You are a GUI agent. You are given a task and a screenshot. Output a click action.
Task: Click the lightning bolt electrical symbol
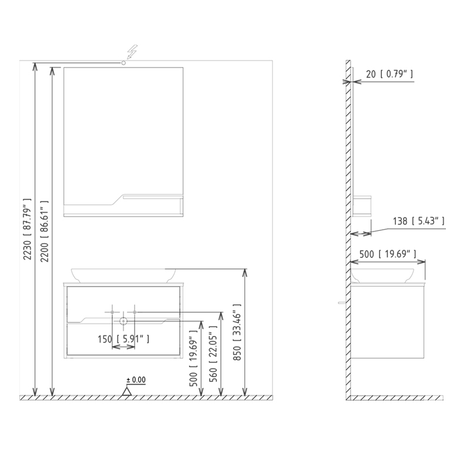click(x=132, y=52)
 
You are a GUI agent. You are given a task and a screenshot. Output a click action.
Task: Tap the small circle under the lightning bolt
click(x=123, y=63)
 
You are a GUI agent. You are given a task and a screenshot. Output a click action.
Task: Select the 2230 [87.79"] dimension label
click(x=27, y=229)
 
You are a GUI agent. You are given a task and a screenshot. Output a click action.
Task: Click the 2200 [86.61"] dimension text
click(x=45, y=231)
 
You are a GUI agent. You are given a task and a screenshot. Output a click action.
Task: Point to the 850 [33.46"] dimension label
click(x=237, y=331)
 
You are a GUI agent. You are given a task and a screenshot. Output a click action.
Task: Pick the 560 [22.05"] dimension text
click(x=213, y=354)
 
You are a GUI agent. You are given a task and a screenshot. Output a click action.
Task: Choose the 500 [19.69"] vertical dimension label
click(x=193, y=358)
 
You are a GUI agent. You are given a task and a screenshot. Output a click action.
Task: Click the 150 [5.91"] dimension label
click(x=123, y=339)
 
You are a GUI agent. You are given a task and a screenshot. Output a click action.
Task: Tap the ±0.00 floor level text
click(x=136, y=380)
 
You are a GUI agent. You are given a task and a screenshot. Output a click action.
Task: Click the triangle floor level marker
click(x=126, y=391)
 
